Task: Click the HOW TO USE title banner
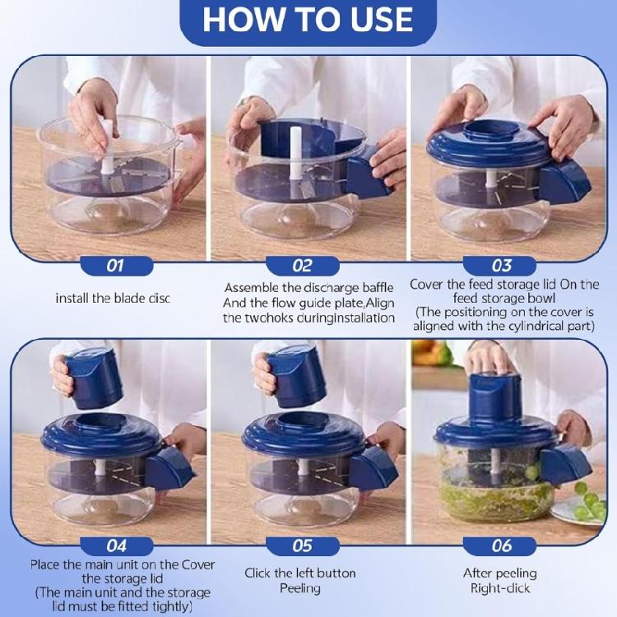coord(308,21)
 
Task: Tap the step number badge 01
coord(115,266)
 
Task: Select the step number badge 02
coord(302,266)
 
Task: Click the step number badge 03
coord(501,266)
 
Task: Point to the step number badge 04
coord(115,545)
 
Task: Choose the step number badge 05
coord(302,545)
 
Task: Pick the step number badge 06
coord(501,545)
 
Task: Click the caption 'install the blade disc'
coord(113,298)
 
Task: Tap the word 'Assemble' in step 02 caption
coord(250,288)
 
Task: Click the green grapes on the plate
coord(588,502)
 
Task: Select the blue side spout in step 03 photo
coord(566,181)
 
